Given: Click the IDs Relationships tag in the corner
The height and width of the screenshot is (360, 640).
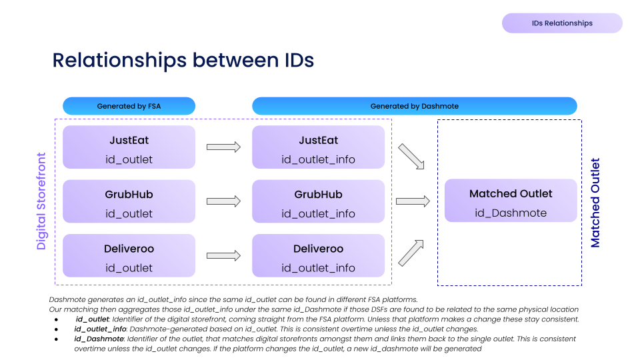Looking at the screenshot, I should [x=562, y=23].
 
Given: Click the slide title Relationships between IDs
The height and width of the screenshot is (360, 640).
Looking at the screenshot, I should [x=183, y=60].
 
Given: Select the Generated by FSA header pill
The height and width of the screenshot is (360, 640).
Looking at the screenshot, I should [x=129, y=106].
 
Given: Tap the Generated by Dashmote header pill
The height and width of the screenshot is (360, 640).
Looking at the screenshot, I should [x=414, y=106].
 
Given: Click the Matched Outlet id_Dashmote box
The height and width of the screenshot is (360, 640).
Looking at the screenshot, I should [x=511, y=201].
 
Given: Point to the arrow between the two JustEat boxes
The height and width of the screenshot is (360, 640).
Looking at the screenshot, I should [x=223, y=147].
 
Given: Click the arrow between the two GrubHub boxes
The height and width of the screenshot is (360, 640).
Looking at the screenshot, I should [x=223, y=201].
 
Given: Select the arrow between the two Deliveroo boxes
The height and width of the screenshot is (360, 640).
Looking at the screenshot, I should [x=223, y=255].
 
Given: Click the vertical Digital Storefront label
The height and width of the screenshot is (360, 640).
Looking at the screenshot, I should [x=41, y=201].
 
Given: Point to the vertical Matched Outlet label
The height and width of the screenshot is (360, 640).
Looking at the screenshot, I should [x=595, y=203].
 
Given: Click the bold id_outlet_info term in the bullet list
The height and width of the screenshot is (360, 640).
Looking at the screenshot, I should [x=100, y=329].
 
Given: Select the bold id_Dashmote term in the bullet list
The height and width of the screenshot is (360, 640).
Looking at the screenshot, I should [x=98, y=339].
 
